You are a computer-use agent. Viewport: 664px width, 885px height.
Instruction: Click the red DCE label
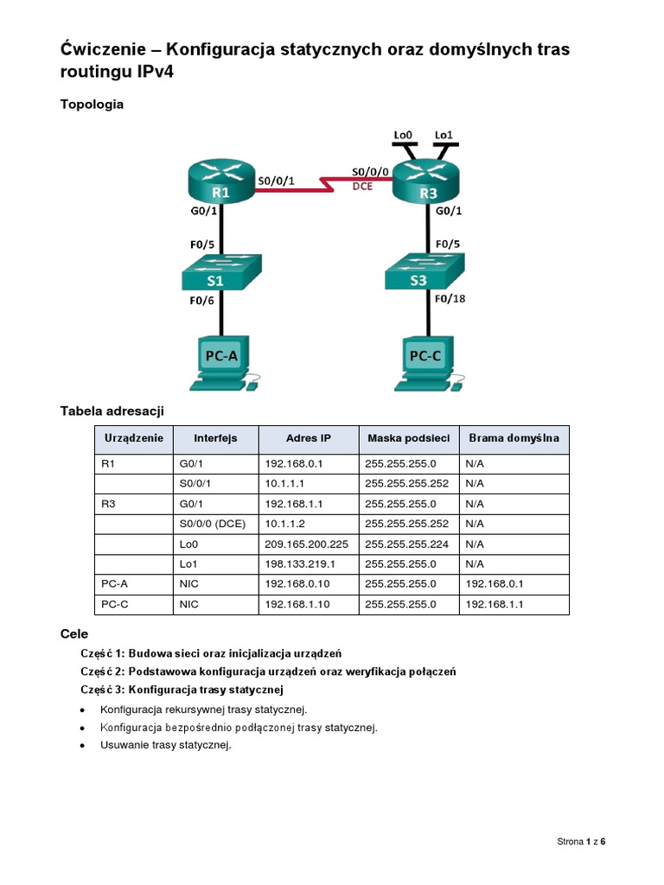point(362,186)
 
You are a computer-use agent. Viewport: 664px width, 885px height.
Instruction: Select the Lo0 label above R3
point(404,135)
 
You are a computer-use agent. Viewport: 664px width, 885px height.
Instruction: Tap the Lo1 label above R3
point(443,135)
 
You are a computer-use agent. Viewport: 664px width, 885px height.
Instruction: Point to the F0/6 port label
point(202,300)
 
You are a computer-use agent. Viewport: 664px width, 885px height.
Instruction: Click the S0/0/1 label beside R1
point(277,181)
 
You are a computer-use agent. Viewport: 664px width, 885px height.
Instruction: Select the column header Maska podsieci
point(408,438)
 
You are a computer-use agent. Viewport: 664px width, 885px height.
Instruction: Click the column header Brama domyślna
point(514,438)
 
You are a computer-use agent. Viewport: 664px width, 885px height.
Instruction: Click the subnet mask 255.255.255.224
point(406,544)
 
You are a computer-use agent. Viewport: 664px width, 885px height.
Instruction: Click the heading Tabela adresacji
point(112,411)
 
